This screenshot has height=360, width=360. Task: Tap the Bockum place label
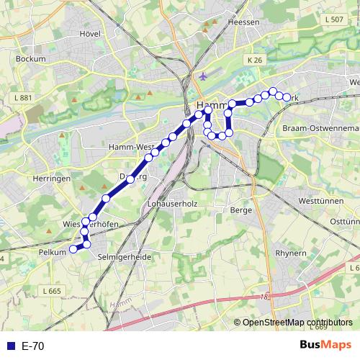coord(30,58)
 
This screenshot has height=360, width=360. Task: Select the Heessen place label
coord(243,22)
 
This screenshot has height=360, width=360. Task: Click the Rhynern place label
coord(291,253)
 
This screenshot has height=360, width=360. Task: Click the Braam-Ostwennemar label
coord(320,127)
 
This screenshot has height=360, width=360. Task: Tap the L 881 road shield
coord(22,98)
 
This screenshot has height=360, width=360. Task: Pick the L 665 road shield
coord(51,291)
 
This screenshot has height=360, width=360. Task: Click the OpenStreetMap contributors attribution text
coord(297,323)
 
